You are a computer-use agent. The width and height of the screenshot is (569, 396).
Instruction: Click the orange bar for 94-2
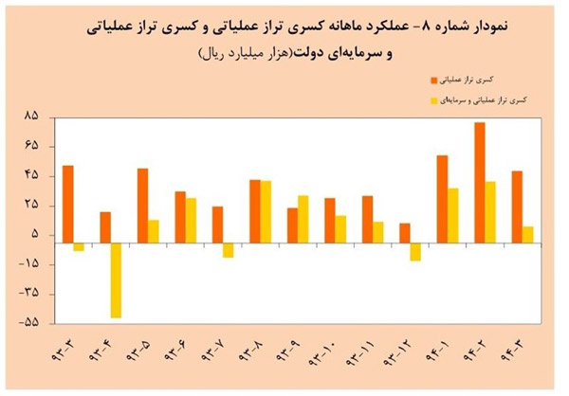click(x=480, y=183)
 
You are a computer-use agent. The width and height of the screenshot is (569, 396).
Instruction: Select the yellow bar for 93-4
click(x=116, y=280)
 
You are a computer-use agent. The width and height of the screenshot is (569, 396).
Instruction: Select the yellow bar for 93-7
click(x=229, y=251)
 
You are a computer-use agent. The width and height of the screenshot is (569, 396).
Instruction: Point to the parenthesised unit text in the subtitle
click(x=250, y=54)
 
